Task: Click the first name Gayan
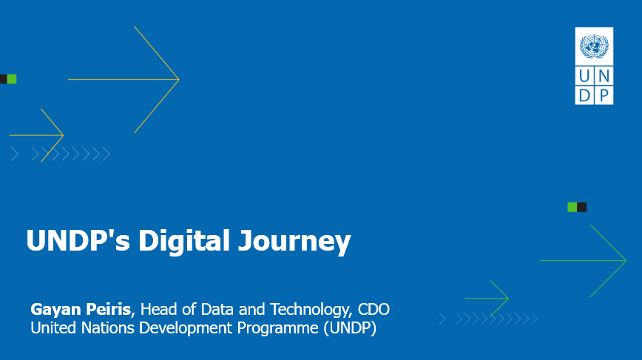coord(55,309)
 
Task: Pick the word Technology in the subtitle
coord(307,309)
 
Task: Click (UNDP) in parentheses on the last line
coord(350,327)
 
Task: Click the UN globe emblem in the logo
coord(594,47)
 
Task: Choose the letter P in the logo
coord(604,95)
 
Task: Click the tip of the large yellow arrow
coord(179,79)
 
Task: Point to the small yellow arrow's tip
coord(63,135)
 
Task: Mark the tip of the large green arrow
coord(626,260)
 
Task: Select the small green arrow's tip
coord(508,298)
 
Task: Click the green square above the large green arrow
coord(572,207)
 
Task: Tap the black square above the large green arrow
coord(582,207)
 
